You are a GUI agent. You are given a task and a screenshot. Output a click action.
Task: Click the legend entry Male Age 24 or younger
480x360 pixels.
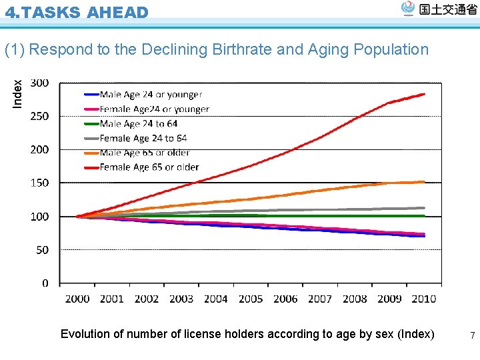click(x=151, y=95)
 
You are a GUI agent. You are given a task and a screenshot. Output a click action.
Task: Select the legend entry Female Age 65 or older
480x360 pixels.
click(x=149, y=167)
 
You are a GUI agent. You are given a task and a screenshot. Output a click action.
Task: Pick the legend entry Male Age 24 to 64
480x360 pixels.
click(x=139, y=124)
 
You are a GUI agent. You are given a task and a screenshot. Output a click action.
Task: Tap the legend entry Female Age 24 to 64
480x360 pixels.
click(x=143, y=139)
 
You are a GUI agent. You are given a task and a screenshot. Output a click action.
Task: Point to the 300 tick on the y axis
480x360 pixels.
click(x=40, y=83)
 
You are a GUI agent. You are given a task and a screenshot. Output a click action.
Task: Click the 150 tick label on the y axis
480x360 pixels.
click(x=40, y=183)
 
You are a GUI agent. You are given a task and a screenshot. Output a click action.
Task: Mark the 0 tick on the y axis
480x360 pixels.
click(x=45, y=283)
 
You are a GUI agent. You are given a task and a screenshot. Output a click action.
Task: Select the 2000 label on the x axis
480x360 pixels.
click(x=77, y=299)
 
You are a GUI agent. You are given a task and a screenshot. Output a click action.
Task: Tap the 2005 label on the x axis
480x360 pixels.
click(x=251, y=299)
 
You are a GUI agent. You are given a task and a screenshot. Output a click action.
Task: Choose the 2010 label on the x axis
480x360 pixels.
click(x=424, y=299)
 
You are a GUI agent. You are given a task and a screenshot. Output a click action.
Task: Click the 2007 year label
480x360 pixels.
click(x=320, y=299)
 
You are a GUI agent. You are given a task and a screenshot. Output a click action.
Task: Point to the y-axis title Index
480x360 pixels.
click(x=18, y=93)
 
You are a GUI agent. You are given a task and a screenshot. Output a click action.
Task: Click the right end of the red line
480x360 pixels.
click(x=425, y=94)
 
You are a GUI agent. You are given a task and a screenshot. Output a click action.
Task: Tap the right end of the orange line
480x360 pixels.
click(x=425, y=181)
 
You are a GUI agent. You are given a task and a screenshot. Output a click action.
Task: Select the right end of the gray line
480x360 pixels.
click(x=425, y=207)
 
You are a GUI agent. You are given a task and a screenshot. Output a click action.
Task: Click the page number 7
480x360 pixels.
click(x=472, y=336)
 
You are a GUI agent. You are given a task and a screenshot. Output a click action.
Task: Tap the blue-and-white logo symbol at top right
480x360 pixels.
click(x=408, y=8)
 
